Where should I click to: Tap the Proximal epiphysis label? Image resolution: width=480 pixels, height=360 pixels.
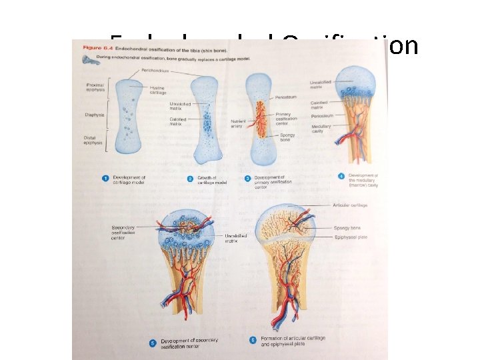pyautogui.click(x=95, y=88)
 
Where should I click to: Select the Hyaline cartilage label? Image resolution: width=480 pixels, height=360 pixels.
pyautogui.click(x=158, y=90)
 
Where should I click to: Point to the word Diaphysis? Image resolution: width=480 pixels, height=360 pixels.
pyautogui.click(x=94, y=115)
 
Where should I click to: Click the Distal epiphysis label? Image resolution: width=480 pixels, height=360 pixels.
pyautogui.click(x=93, y=141)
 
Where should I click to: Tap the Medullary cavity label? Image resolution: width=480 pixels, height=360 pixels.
pyautogui.click(x=321, y=129)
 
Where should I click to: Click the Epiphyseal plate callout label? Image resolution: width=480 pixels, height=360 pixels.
pyautogui.click(x=351, y=236)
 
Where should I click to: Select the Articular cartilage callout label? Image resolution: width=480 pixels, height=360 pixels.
pyautogui.click(x=350, y=205)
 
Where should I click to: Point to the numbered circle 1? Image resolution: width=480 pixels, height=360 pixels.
pyautogui.click(x=105, y=179)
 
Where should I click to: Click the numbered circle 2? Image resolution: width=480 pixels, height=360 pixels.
pyautogui.click(x=190, y=179)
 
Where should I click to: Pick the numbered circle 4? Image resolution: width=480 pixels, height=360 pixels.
pyautogui.click(x=341, y=176)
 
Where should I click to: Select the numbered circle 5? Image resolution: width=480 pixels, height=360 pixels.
pyautogui.click(x=153, y=343)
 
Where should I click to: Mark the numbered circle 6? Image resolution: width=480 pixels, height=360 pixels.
pyautogui.click(x=253, y=340)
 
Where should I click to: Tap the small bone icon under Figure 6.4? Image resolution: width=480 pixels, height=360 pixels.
pyautogui.click(x=88, y=59)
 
